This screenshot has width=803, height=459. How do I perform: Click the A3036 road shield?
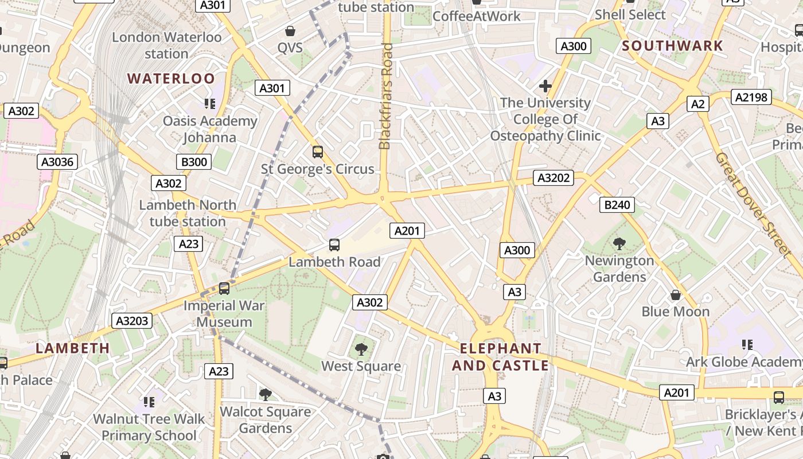point(58,162)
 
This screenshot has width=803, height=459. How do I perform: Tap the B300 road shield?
point(194,162)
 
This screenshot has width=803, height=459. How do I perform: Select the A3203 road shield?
point(132,320)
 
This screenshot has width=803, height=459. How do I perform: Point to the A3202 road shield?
point(553,178)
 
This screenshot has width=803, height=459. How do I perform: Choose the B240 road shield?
point(617,204)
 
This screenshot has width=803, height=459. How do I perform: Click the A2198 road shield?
point(751,97)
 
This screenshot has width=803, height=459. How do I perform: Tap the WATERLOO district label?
point(171,79)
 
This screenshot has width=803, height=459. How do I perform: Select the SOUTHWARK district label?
point(673,46)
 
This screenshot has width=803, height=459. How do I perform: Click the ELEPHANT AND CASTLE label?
point(500,357)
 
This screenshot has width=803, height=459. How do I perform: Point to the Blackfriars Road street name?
point(385,96)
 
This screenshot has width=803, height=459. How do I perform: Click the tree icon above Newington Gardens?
point(619,244)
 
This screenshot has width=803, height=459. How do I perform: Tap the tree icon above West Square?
point(361,349)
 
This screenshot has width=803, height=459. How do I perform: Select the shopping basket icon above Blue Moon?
point(676,295)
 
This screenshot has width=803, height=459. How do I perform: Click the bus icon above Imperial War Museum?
point(224,288)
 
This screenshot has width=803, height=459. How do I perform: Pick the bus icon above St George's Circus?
point(317,152)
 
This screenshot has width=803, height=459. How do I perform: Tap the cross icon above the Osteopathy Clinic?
point(545,86)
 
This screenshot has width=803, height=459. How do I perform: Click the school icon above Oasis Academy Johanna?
point(210,104)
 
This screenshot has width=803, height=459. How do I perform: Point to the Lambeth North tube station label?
point(188,213)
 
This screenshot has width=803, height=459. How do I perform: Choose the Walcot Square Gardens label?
point(265,419)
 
